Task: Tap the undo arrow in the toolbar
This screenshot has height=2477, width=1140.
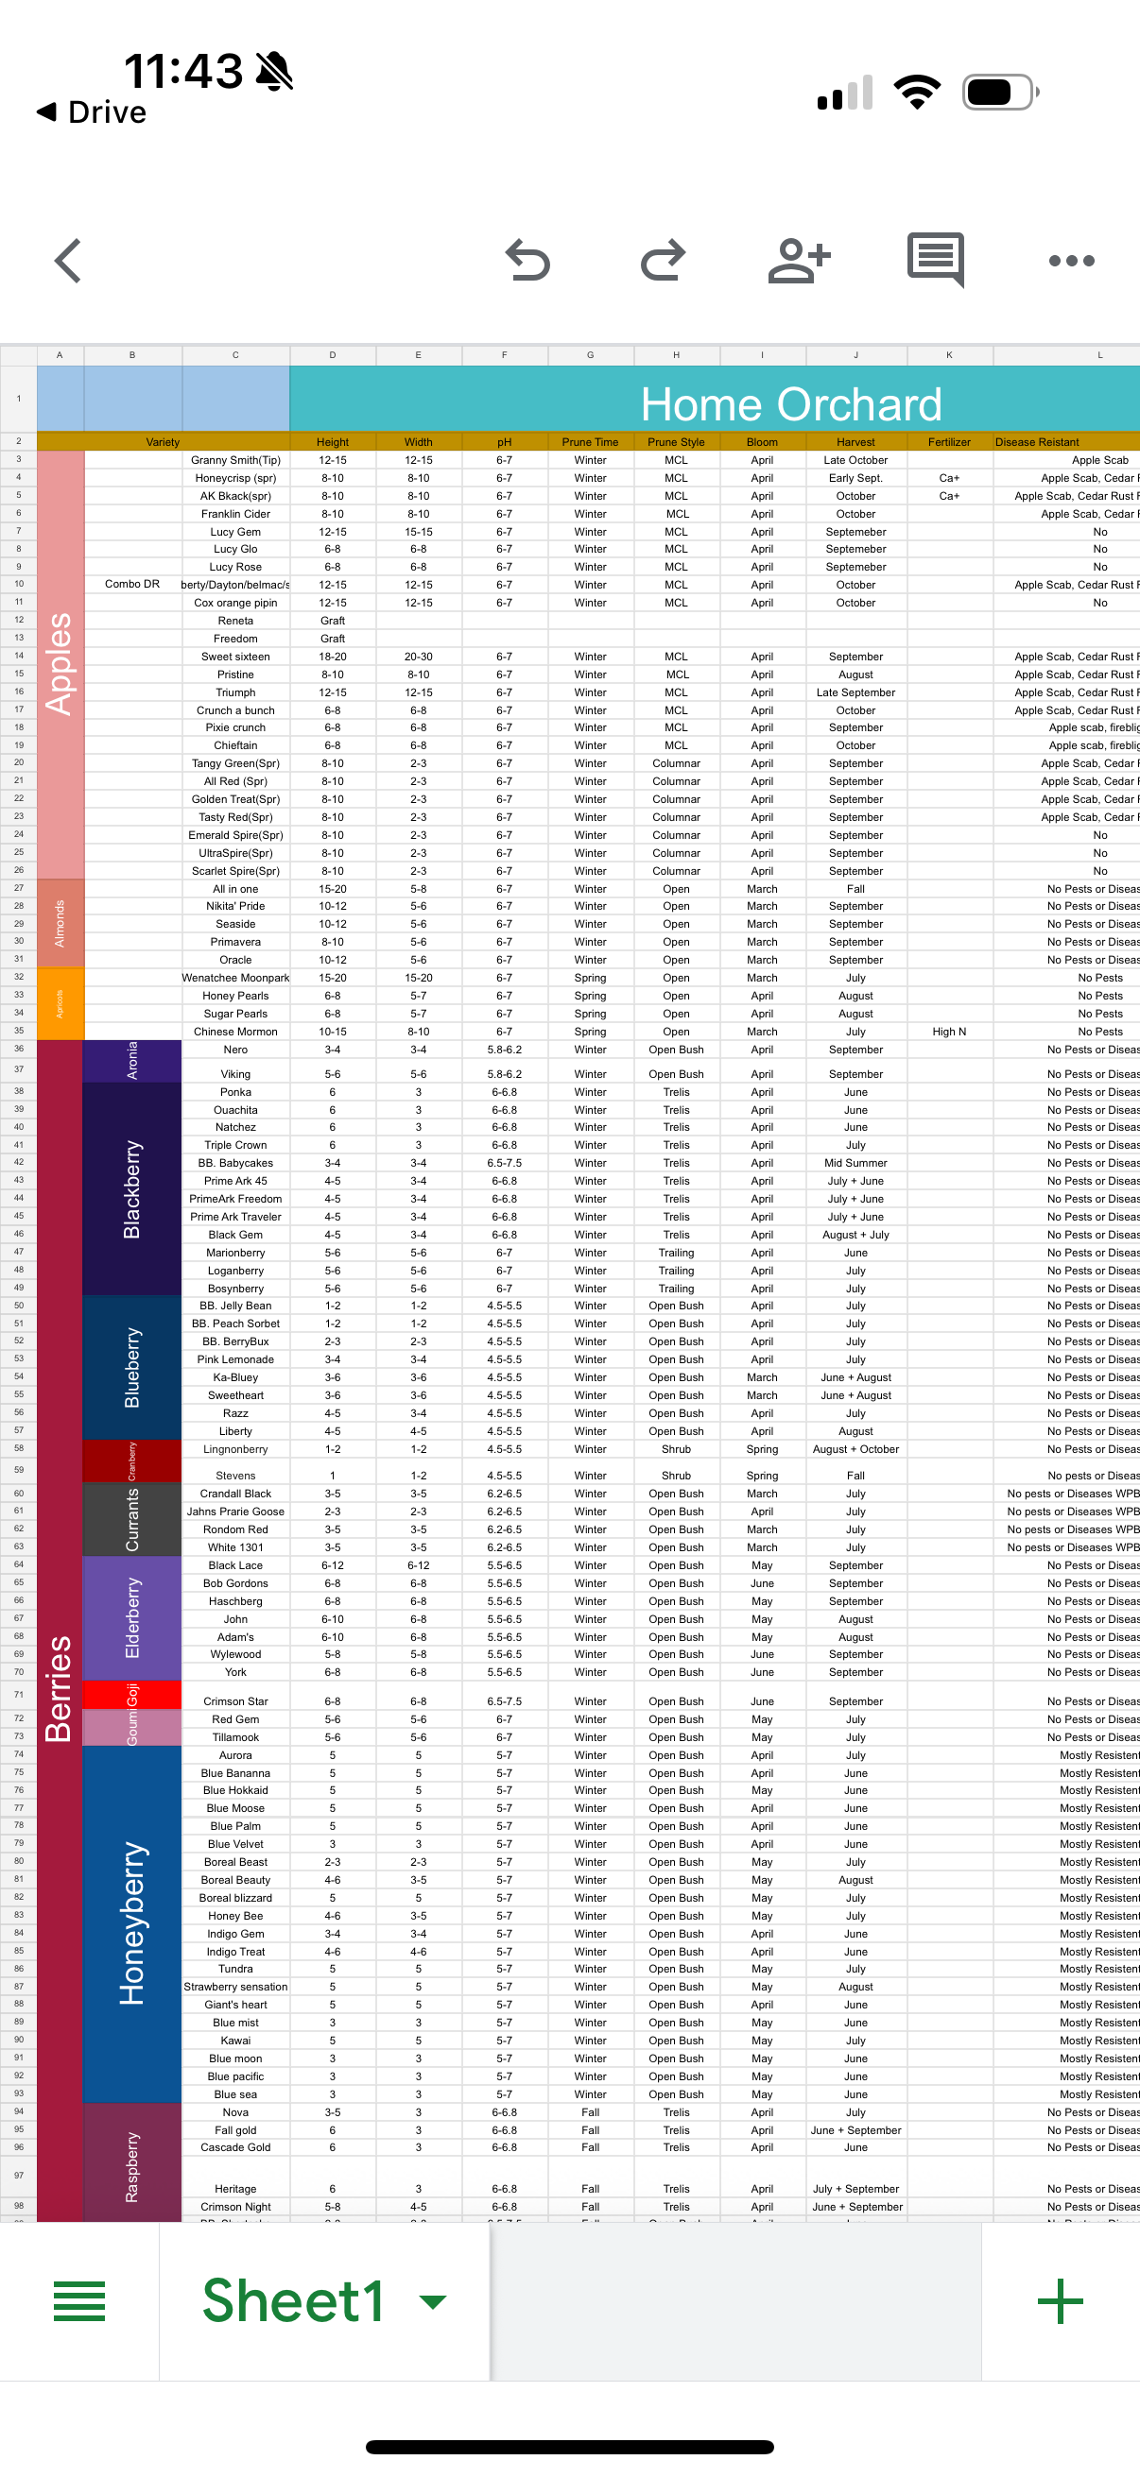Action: click(x=527, y=261)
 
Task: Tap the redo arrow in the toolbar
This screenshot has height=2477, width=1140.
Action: click(x=663, y=261)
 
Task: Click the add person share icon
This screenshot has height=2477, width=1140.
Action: click(x=799, y=261)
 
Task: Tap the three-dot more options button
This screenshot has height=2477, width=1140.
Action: click(x=1072, y=261)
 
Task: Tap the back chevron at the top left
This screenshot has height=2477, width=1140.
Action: click(x=67, y=261)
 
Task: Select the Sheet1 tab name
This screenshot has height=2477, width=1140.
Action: click(x=293, y=2301)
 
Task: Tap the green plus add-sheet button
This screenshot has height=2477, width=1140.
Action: click(x=1061, y=2301)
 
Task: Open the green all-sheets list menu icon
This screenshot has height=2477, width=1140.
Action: click(x=79, y=2301)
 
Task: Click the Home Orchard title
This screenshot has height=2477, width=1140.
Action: click(x=791, y=404)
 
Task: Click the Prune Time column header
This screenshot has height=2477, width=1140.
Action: click(x=590, y=442)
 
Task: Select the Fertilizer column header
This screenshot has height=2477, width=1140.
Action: click(x=948, y=442)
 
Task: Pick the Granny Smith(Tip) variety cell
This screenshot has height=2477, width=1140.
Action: click(x=235, y=461)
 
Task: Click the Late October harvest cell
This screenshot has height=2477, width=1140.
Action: click(x=855, y=461)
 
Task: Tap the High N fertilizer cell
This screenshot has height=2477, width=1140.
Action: click(x=948, y=1032)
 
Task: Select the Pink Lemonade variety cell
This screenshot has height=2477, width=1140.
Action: click(x=235, y=1359)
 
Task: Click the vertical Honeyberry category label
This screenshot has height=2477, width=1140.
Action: click(x=131, y=1923)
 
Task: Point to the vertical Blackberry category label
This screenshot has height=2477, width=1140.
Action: click(x=131, y=1189)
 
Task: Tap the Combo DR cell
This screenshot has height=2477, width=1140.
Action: click(x=132, y=585)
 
